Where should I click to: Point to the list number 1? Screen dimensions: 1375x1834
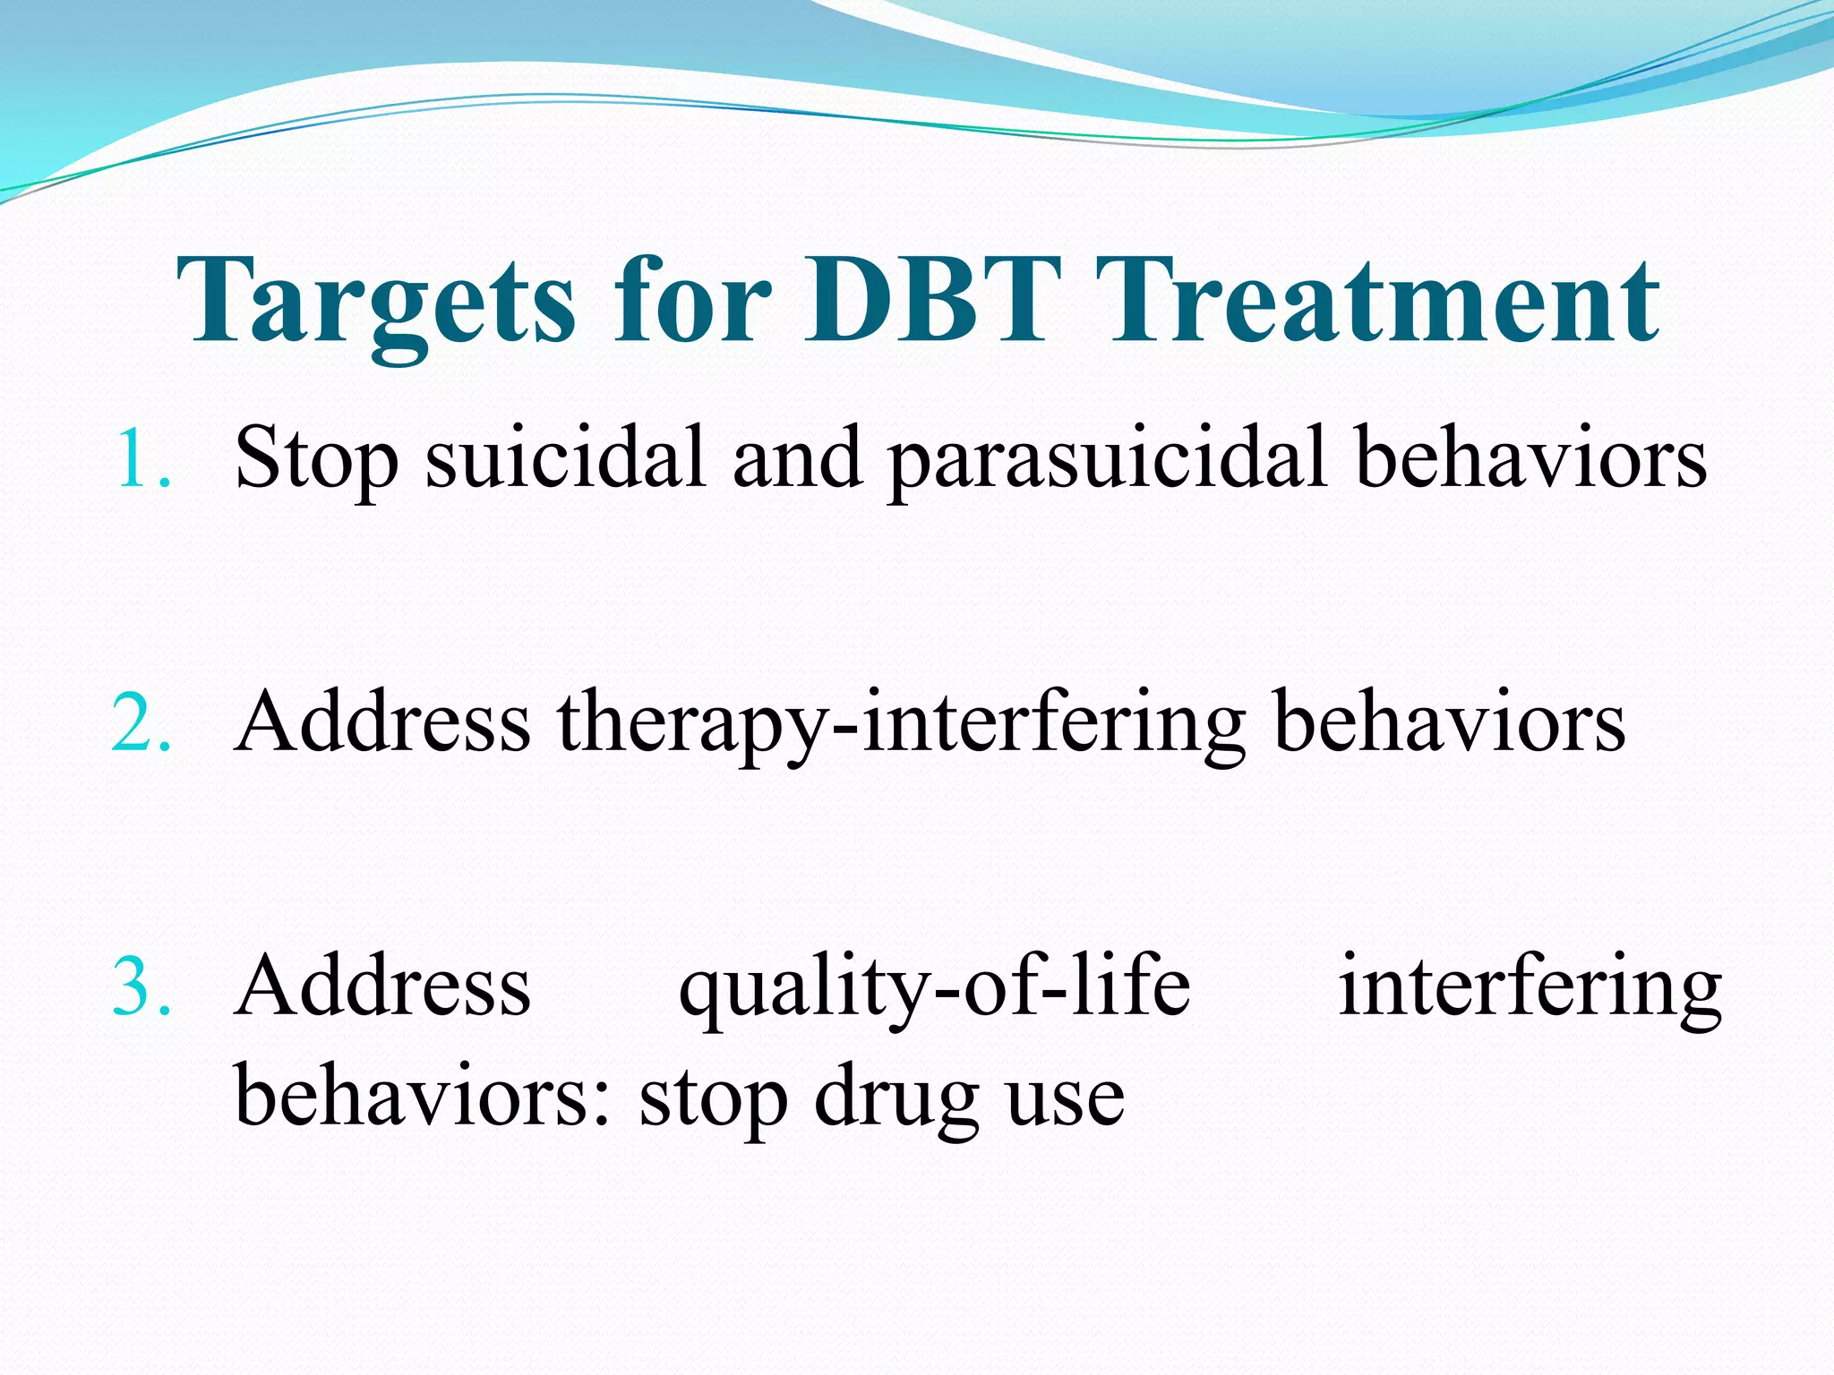[x=141, y=458]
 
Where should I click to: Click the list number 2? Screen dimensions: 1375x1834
[x=141, y=723]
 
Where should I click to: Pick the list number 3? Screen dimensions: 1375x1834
[x=141, y=986]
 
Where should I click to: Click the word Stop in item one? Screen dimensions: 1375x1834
[x=315, y=458]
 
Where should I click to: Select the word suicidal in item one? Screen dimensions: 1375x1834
[x=564, y=458]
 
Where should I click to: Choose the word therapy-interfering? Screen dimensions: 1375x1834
[x=901, y=723]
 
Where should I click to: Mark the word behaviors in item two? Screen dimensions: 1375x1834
[x=1449, y=723]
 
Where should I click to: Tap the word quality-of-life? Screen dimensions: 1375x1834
[x=935, y=986]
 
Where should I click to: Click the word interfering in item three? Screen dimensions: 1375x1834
[x=1530, y=986]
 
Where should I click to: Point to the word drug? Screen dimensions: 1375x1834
[x=896, y=1097]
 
